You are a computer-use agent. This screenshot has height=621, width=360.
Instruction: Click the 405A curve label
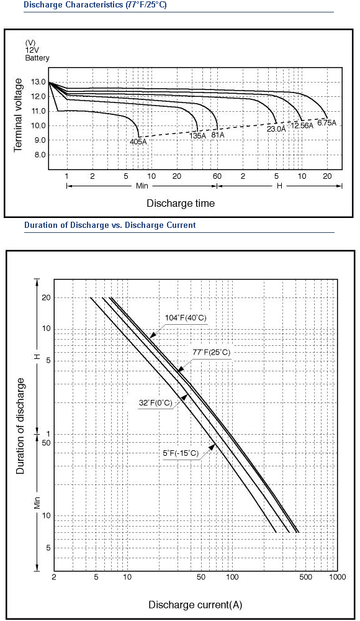point(138,142)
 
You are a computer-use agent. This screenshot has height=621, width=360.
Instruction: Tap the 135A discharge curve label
point(198,135)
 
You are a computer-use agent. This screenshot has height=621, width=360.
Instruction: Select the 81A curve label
point(218,135)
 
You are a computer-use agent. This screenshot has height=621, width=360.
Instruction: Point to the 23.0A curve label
point(276,129)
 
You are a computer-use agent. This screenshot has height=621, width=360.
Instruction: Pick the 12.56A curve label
point(302,125)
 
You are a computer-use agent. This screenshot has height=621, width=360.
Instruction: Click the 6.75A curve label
point(326,123)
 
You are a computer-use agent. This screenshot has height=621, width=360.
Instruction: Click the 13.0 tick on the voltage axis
point(38,83)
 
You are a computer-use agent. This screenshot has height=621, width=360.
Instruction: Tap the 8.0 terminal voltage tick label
point(40,155)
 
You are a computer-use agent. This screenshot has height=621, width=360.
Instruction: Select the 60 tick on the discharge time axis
point(217,176)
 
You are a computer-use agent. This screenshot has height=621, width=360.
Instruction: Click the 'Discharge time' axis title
point(181,203)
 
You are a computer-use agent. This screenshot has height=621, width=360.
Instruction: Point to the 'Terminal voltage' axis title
point(18,115)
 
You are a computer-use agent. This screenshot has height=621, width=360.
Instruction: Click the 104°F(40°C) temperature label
point(186,317)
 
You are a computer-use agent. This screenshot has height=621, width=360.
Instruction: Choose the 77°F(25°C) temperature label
point(212,352)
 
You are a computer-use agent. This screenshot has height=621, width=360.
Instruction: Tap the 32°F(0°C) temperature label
point(156,403)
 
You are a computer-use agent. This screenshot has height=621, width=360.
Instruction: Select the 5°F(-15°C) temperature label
point(181,453)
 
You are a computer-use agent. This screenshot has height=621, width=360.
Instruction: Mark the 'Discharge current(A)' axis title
point(196,605)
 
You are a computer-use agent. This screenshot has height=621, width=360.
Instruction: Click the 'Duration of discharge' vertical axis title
point(20,426)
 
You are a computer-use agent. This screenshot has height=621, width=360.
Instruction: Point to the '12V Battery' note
point(37,55)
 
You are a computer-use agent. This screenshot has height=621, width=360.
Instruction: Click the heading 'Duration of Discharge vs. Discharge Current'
point(110,225)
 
